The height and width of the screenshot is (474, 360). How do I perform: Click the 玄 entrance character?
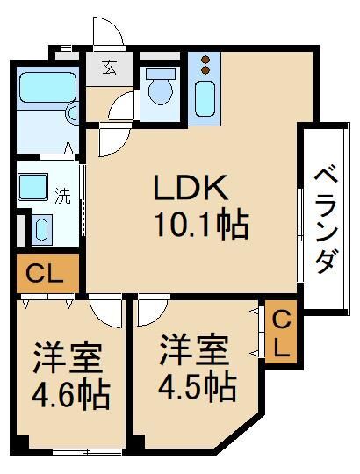(x=108, y=68)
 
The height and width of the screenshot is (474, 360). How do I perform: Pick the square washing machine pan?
(x=35, y=187)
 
